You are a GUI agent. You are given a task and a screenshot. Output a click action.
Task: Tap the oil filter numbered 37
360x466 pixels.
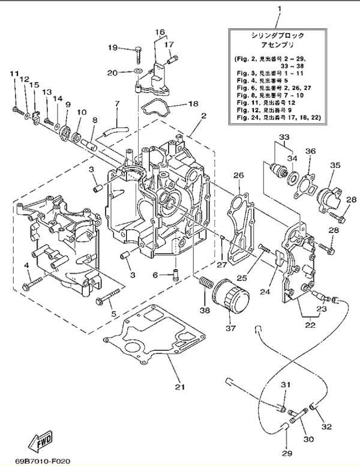(x=229, y=300)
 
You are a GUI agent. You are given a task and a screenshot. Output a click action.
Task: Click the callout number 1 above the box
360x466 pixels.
(x=279, y=9)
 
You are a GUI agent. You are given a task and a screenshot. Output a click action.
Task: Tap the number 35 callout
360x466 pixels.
(x=335, y=165)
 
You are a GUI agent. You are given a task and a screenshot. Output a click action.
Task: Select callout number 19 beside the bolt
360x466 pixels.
(x=113, y=47)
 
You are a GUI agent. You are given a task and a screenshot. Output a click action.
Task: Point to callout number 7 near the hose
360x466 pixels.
(x=118, y=104)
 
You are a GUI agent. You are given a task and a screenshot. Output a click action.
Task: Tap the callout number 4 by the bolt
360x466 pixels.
(x=26, y=265)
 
